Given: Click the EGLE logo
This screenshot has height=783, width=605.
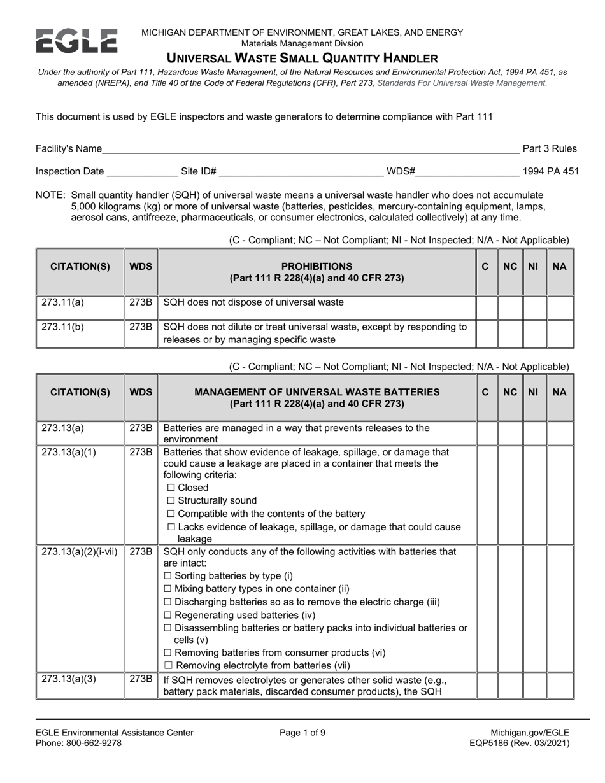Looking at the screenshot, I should click(x=76, y=41).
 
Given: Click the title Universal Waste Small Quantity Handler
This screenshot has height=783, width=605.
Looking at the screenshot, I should click(x=302, y=59).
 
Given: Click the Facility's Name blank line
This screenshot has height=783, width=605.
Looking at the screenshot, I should click(x=310, y=149).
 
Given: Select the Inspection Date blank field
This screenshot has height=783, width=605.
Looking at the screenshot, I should click(x=142, y=171).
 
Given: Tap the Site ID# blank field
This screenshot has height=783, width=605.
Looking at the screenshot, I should click(x=301, y=171).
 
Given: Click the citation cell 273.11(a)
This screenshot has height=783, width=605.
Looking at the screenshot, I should click(x=80, y=307).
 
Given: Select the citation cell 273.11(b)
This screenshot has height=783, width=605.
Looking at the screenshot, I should click(x=80, y=334).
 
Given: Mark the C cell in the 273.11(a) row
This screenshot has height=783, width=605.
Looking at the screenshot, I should click(x=486, y=307).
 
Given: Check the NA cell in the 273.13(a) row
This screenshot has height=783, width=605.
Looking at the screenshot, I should click(x=560, y=433).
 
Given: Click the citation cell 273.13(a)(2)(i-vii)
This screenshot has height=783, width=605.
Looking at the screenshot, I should click(x=80, y=552).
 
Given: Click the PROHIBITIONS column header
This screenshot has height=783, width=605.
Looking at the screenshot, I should click(x=317, y=272).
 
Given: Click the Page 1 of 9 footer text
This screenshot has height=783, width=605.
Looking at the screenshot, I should click(x=302, y=733).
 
